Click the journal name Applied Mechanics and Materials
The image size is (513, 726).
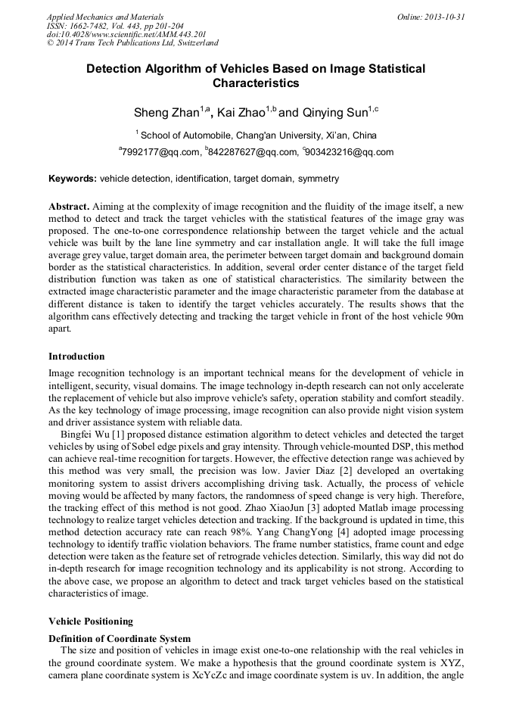coord(104,17)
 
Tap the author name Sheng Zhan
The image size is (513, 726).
coord(166,113)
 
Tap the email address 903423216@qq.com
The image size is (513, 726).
coord(349,152)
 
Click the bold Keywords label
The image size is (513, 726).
coord(72,179)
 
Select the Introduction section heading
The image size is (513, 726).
coord(76,357)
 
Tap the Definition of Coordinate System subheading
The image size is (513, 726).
coord(120,639)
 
